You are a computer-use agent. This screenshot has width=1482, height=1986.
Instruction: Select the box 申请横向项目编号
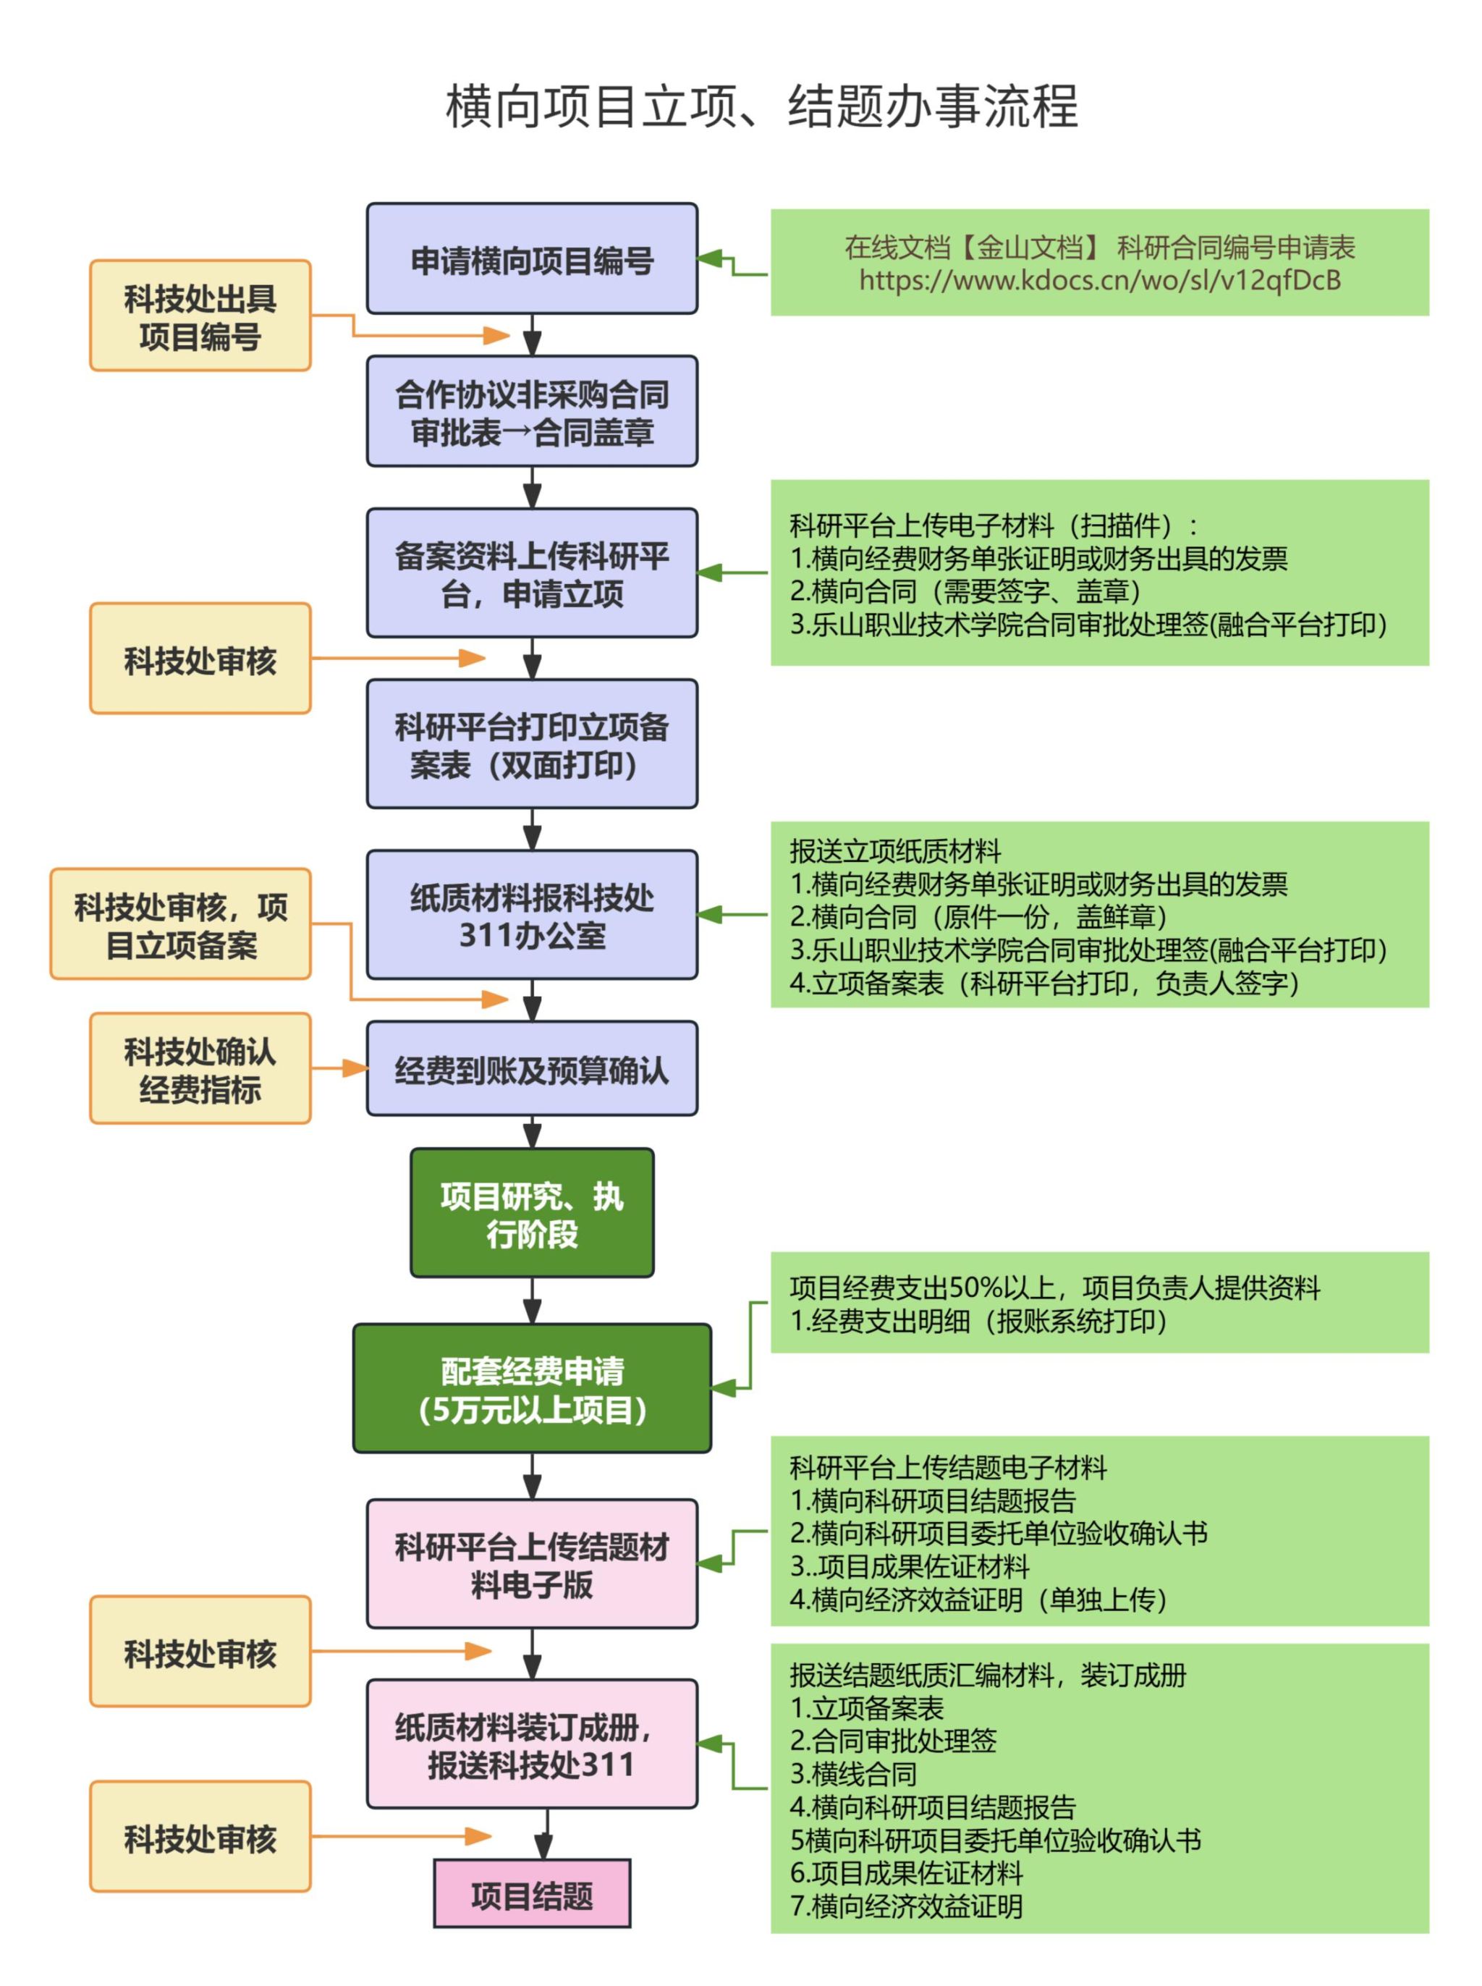click(x=531, y=259)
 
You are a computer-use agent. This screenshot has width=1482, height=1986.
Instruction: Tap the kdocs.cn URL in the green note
click(x=1099, y=281)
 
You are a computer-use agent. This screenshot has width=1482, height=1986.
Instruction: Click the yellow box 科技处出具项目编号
click(x=200, y=316)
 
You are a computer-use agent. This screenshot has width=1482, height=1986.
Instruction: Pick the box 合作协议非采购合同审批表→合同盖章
click(x=531, y=412)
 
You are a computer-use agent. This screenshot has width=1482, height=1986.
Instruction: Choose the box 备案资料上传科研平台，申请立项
click(x=531, y=573)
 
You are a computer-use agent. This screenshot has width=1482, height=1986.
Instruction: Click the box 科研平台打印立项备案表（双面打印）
click(x=531, y=745)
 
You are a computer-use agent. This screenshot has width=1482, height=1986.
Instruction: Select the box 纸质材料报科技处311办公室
click(x=531, y=915)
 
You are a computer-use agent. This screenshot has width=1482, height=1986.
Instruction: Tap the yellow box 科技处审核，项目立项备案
click(x=180, y=924)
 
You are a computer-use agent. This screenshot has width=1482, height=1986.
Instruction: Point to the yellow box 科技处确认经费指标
click(x=200, y=1068)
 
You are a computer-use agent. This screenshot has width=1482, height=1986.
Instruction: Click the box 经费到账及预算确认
click(x=531, y=1068)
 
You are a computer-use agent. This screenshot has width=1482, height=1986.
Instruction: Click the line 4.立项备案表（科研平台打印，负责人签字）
click(x=1043, y=983)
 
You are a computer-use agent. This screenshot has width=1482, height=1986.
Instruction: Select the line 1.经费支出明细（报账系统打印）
click(x=977, y=1322)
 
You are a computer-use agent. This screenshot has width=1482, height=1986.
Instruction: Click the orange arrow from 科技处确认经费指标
click(x=339, y=1068)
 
